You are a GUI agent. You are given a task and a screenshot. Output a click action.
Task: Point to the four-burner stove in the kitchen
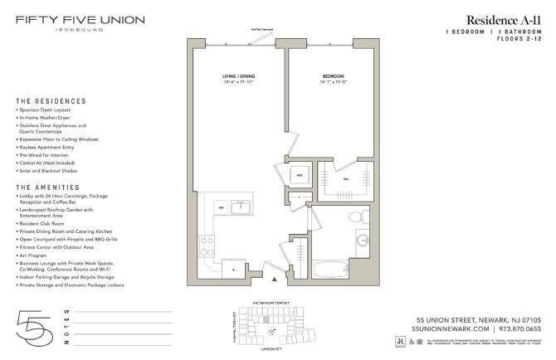point(207,245)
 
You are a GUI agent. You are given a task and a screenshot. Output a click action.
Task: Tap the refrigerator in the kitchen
point(235,269)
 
